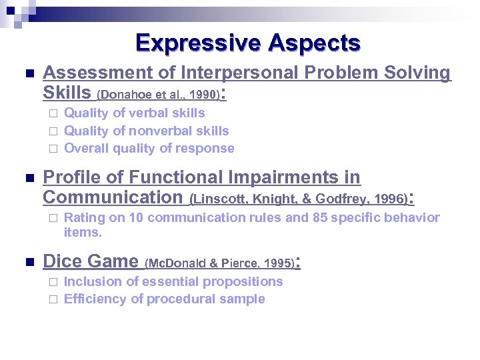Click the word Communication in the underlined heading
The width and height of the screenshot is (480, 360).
pos(112,197)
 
